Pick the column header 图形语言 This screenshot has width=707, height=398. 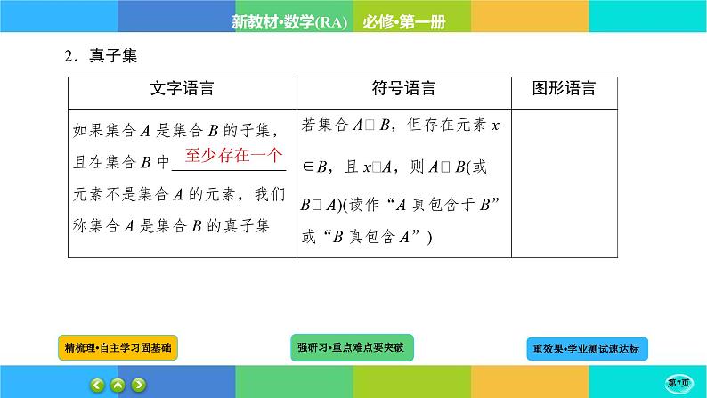pos(564,89)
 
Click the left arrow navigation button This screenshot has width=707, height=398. pos(96,385)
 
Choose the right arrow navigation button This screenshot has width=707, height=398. pos(138,385)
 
